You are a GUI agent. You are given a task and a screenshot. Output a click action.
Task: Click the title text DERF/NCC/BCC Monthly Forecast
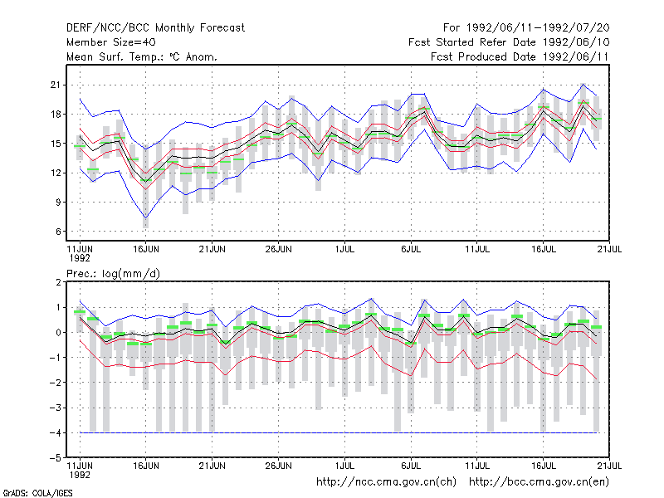[x=155, y=28]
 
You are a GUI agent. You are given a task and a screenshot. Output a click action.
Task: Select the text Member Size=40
[x=111, y=42]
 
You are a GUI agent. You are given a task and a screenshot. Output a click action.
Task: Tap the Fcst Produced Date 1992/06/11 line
[x=520, y=56]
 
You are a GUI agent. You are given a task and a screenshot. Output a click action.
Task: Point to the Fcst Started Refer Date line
[x=509, y=42]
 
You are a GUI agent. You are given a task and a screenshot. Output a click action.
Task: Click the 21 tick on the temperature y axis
[x=56, y=85]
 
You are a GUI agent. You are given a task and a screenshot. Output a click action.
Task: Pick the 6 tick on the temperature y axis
[x=58, y=232]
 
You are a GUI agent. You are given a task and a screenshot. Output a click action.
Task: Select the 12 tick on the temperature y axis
[x=56, y=173]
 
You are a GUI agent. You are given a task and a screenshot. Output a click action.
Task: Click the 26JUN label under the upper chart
[x=278, y=249]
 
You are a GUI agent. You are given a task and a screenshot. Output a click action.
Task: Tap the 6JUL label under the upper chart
[x=411, y=249]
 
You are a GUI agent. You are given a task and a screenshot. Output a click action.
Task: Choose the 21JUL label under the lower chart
[x=609, y=466]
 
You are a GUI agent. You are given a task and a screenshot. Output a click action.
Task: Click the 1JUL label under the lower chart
[x=344, y=466]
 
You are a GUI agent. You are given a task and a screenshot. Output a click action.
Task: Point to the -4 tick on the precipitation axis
[x=55, y=432]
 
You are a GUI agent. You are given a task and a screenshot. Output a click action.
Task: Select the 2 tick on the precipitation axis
[x=58, y=282]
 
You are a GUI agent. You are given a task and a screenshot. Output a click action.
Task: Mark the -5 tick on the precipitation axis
[x=55, y=458]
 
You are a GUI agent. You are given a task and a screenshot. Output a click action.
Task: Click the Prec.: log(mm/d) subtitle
[x=113, y=274]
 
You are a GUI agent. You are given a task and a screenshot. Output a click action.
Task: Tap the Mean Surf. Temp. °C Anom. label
[x=141, y=56]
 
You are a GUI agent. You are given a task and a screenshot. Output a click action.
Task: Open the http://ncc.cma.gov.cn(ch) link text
[x=386, y=482]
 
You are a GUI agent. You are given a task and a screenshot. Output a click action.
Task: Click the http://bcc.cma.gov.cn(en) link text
[x=539, y=482]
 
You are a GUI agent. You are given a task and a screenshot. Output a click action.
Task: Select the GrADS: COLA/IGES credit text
[x=37, y=493]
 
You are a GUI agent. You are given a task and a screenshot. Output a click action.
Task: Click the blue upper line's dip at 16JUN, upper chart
[x=146, y=149]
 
